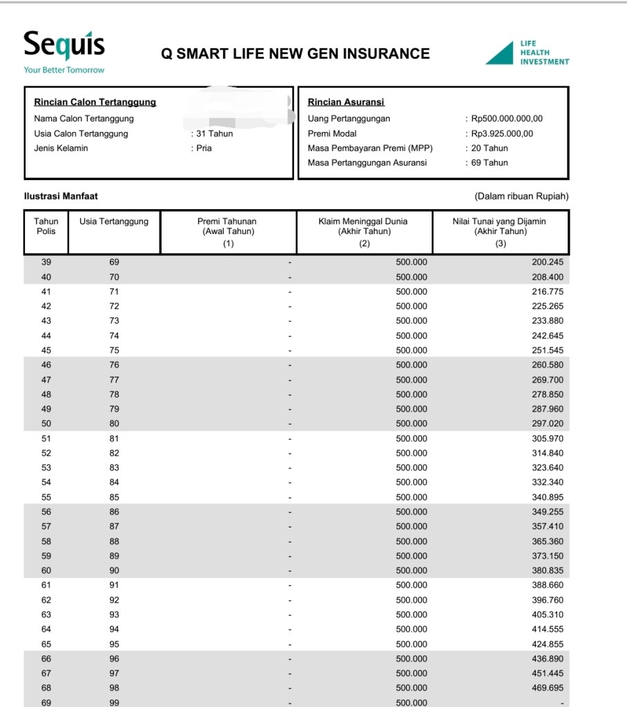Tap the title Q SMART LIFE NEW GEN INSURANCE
pyautogui.click(x=296, y=54)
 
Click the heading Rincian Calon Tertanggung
pyautogui.click(x=95, y=102)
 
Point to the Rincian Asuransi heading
pyautogui.click(x=346, y=102)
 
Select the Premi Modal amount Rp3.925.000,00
pyautogui.click(x=502, y=133)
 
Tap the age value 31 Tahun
pyautogui.click(x=214, y=133)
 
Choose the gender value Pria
pyautogui.click(x=204, y=148)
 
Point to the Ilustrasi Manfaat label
pyautogui.click(x=61, y=196)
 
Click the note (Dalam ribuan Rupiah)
pyautogui.click(x=521, y=196)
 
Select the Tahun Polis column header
pyautogui.click(x=46, y=226)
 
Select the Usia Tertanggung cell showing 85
pyautogui.click(x=114, y=497)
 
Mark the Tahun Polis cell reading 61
pyautogui.click(x=46, y=585)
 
